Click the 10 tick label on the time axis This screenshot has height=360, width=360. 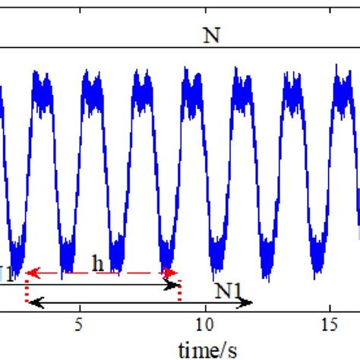coord(204,324)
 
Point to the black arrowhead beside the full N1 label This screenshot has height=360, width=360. coord(248,302)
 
